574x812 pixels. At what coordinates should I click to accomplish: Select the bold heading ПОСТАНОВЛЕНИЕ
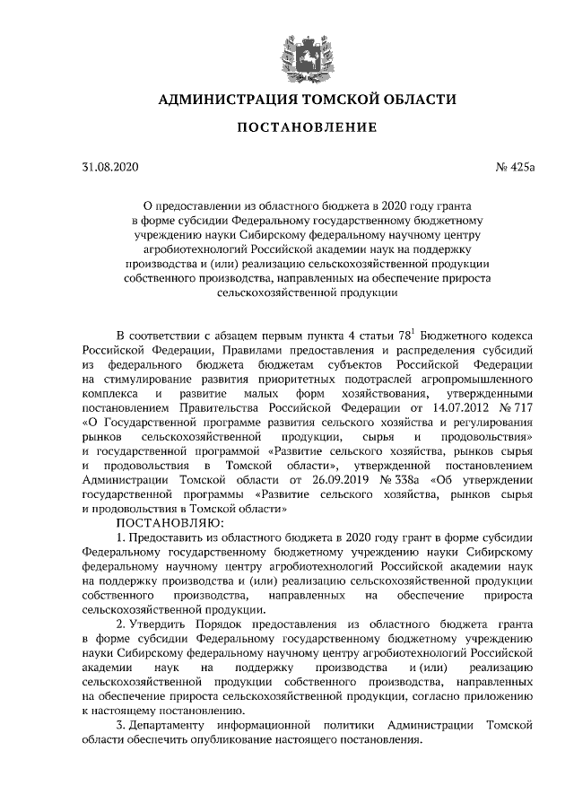click(306, 127)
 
